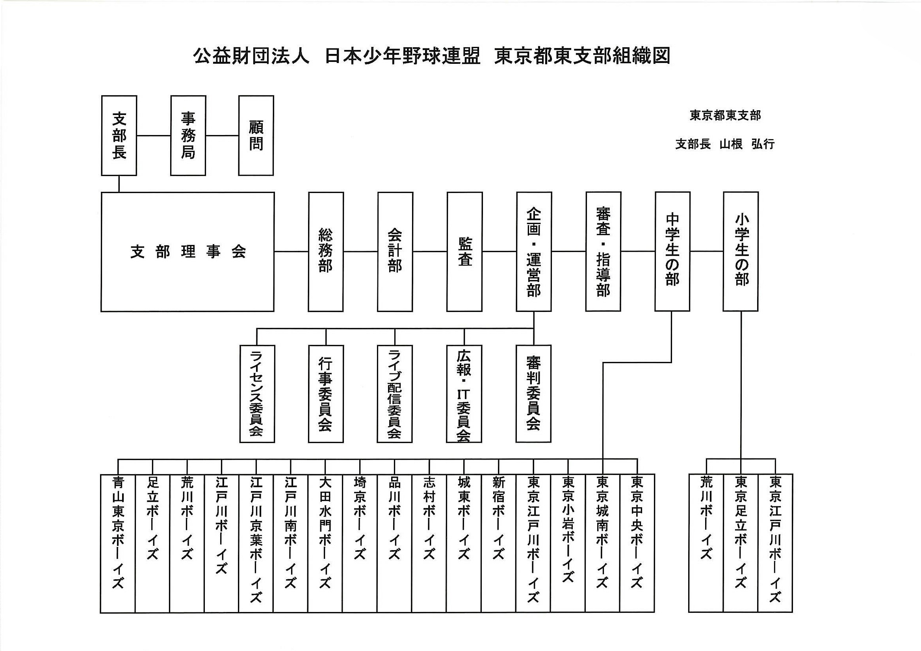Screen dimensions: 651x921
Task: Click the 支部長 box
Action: [119, 135]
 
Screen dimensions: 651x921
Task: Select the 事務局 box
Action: [188, 135]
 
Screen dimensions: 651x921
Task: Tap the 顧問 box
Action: [256, 135]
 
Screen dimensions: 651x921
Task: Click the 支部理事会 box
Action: [188, 252]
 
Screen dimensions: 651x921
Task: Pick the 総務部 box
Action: [325, 252]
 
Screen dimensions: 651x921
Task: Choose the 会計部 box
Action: [395, 252]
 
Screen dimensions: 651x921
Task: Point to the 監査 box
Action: [464, 252]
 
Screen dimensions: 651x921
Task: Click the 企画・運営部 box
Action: [533, 252]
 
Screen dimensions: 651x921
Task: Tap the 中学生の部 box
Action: [672, 252]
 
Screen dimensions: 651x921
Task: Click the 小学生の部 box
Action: [741, 252]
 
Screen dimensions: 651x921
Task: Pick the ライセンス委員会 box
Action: [257, 393]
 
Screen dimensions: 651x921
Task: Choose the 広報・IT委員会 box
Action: [464, 393]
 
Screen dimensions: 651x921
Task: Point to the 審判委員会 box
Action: [533, 393]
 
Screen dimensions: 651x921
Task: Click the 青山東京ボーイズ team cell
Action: [117, 543]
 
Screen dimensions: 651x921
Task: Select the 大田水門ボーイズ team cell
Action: [325, 543]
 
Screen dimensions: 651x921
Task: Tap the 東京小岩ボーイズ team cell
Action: [568, 543]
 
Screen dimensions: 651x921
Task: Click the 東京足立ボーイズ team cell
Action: [741, 543]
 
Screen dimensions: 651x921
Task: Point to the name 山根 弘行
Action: [746, 144]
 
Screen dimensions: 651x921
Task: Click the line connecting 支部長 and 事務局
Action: [154, 135]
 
